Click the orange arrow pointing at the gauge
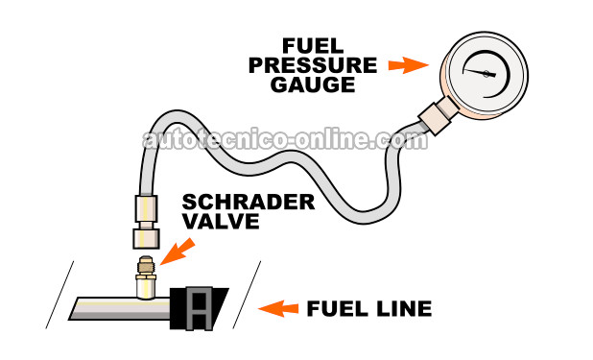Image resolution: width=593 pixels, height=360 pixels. pyautogui.click(x=407, y=65)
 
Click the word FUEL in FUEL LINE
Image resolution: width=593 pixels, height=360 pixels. pyautogui.click(x=335, y=309)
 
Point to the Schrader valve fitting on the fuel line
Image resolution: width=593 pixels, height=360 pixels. pyautogui.click(x=145, y=279)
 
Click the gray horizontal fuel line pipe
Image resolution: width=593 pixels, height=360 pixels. pyautogui.click(x=106, y=307)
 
